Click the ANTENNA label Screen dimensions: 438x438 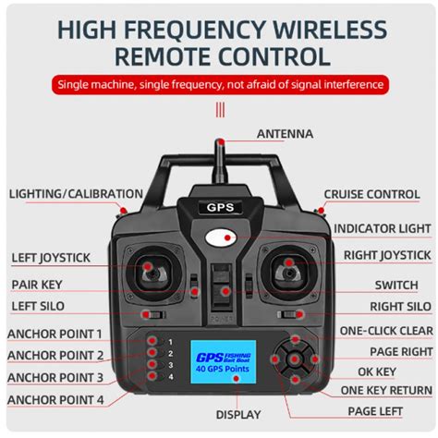(285, 134)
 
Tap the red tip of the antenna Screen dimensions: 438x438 (220, 142)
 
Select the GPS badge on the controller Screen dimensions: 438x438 (220, 208)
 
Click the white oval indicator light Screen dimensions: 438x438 (221, 238)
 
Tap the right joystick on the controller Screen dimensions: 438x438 (288, 272)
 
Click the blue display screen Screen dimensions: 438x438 (223, 362)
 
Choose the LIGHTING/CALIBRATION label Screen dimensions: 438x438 (76, 194)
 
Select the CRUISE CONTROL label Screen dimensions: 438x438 (371, 194)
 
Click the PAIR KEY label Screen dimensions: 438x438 (37, 285)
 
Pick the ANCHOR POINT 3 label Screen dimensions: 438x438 (55, 378)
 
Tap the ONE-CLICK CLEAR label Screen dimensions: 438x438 (386, 331)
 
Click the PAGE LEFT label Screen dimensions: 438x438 (375, 411)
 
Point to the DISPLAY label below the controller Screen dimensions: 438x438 (238, 415)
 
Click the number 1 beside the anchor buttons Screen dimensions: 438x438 (170, 342)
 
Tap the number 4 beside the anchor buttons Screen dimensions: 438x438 (171, 377)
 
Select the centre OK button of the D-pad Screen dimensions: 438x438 (295, 359)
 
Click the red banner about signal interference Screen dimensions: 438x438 (221, 84)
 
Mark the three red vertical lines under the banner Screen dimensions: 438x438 (220, 110)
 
